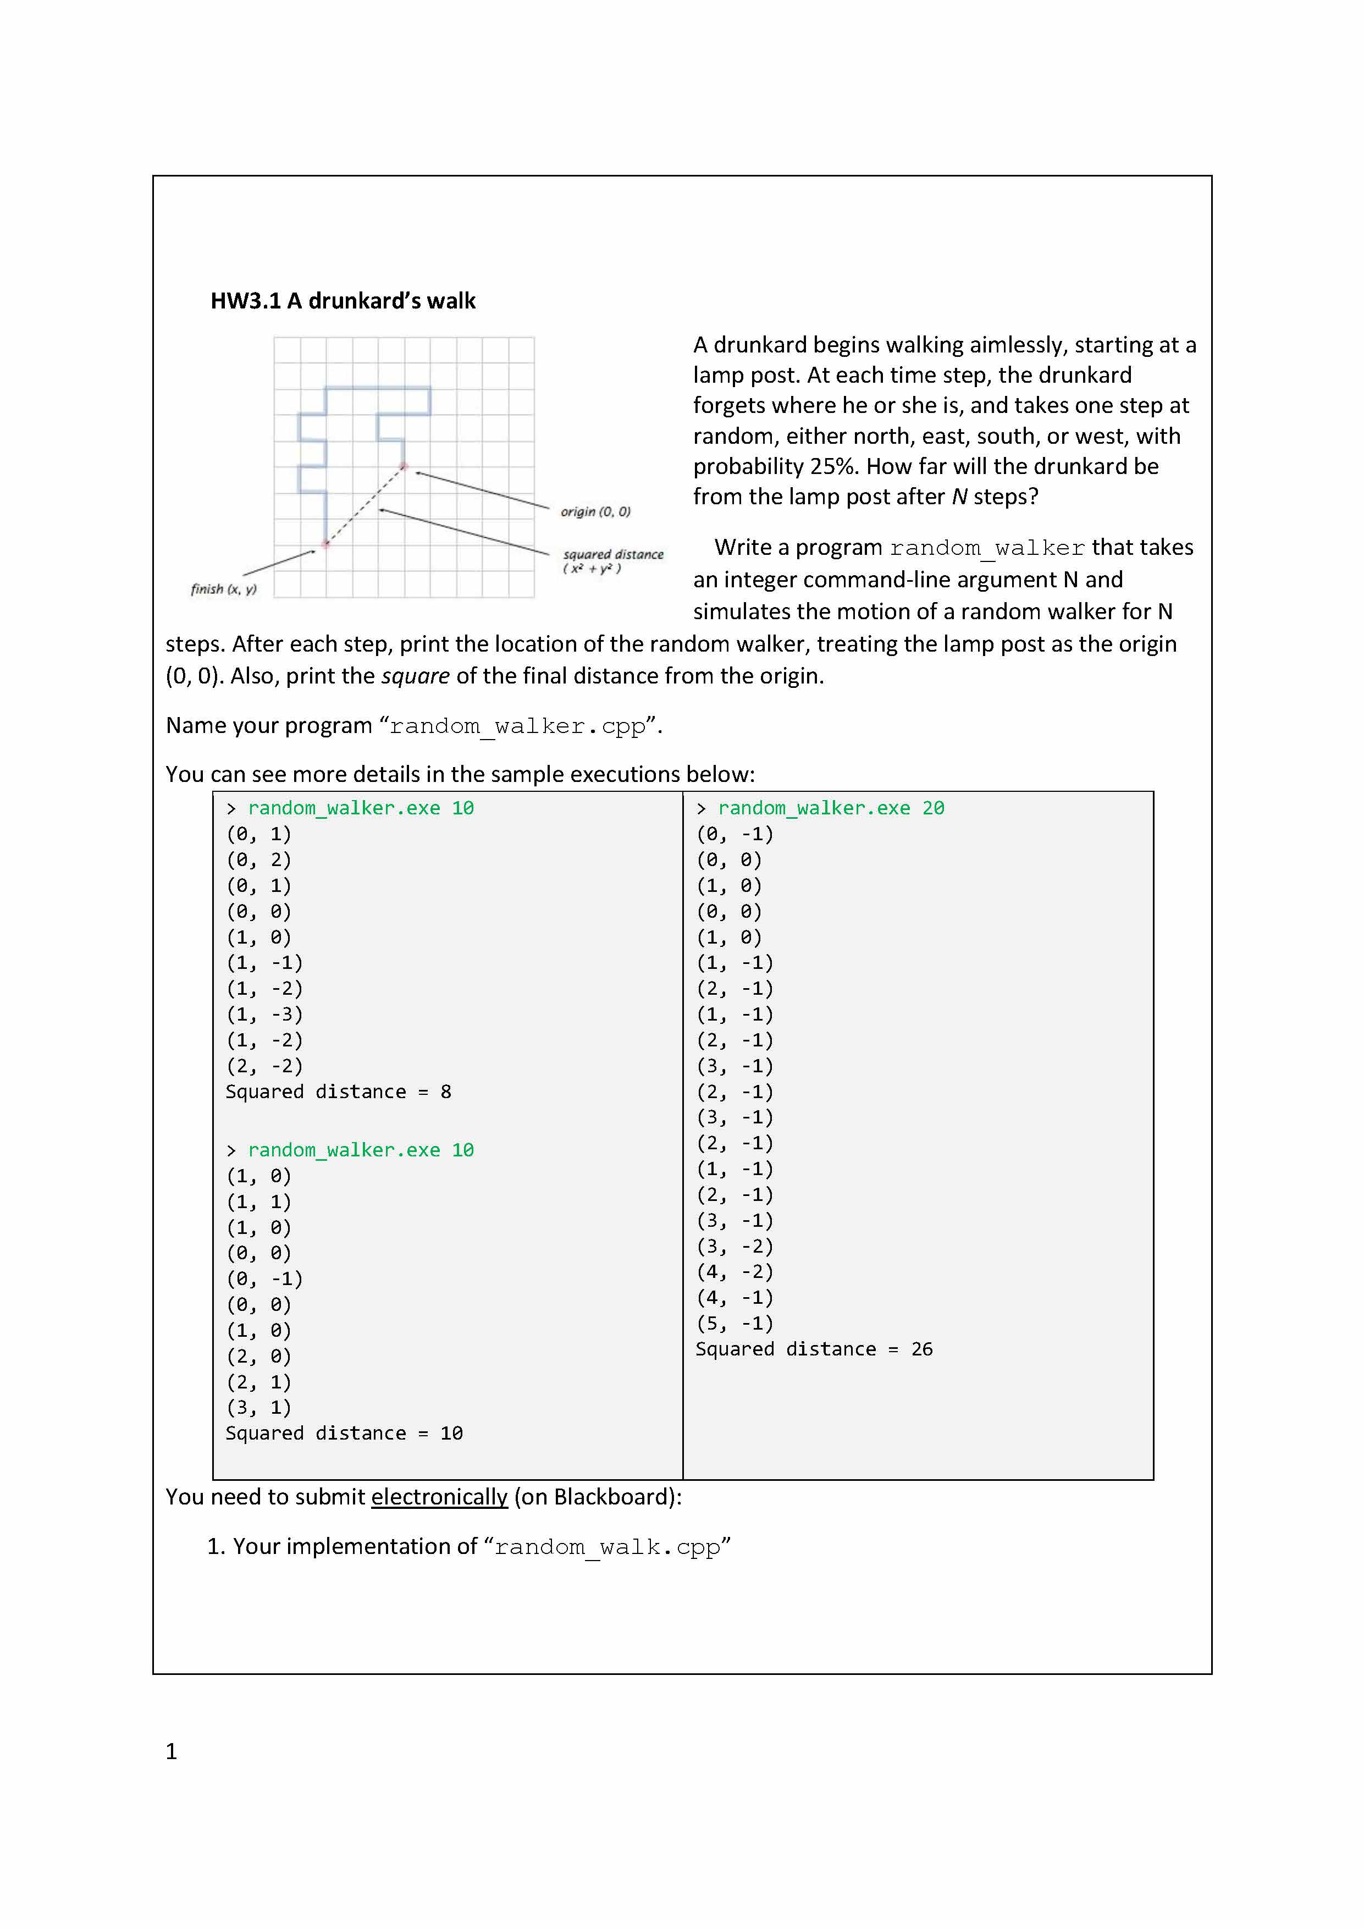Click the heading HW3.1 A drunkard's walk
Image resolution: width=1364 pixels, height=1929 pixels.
point(343,301)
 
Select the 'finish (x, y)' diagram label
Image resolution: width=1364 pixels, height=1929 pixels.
point(223,589)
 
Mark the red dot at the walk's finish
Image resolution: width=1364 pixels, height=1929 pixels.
point(326,544)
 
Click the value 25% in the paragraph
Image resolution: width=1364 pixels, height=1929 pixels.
point(833,466)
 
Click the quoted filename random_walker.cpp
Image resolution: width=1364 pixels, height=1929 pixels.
point(517,726)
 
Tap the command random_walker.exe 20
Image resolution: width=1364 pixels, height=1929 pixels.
point(831,808)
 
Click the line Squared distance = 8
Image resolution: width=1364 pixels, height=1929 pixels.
point(339,1092)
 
